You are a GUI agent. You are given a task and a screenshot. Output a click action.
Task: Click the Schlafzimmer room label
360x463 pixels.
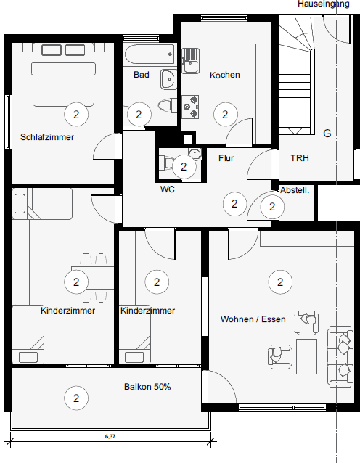[x=47, y=136]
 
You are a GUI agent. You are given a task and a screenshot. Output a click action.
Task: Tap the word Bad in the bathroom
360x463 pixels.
[x=141, y=75]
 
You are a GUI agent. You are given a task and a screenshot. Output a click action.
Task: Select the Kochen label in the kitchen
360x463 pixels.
[x=224, y=75]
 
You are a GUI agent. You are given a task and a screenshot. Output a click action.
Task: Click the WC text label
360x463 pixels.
[x=168, y=189]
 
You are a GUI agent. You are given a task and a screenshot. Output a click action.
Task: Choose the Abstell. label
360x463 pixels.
[x=295, y=190]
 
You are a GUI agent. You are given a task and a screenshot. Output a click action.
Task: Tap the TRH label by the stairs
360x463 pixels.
[x=300, y=157]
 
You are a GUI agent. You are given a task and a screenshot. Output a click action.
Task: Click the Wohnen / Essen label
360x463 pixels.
[x=253, y=319]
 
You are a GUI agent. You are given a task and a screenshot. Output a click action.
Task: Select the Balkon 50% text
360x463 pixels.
[x=147, y=387]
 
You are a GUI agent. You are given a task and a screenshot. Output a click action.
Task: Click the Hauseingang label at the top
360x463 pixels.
[x=328, y=4]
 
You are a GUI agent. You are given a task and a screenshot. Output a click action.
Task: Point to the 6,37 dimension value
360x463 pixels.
[x=110, y=436]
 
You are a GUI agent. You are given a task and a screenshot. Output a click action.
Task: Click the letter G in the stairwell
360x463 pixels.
[x=327, y=134]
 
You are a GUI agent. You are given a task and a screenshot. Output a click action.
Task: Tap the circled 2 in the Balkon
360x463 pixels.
[x=75, y=397]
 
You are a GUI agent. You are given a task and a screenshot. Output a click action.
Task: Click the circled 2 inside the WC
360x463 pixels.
[x=184, y=167]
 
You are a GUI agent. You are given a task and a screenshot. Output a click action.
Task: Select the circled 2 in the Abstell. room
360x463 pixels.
[x=272, y=207]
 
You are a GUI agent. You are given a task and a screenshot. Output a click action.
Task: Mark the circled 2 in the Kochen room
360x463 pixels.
[x=225, y=114]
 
